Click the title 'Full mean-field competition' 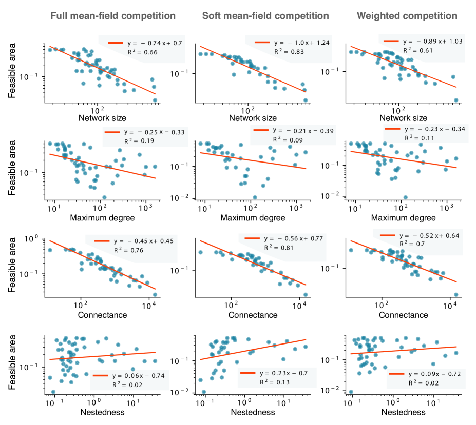113,16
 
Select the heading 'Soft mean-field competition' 265,16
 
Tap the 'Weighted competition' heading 407,16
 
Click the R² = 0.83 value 289,52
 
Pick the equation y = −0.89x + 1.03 433,41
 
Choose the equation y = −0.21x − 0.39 303,131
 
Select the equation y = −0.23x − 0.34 434,129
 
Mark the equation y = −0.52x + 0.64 430,236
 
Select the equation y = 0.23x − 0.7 283,373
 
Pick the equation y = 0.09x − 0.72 434,374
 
